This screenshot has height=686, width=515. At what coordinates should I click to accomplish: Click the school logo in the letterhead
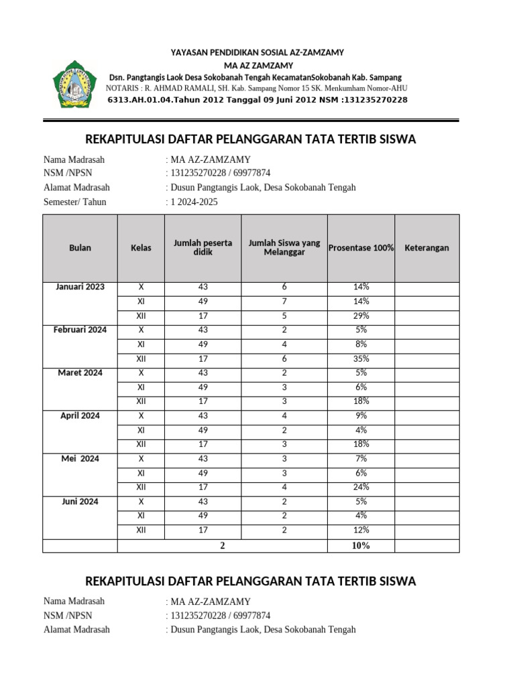click(x=76, y=86)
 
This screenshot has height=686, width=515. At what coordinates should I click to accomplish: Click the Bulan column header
click(x=80, y=248)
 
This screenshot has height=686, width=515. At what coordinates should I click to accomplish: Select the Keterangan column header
click(x=427, y=248)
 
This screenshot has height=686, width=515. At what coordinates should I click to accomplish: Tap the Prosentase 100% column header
click(x=361, y=248)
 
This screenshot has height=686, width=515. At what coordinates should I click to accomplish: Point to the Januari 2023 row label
click(x=80, y=287)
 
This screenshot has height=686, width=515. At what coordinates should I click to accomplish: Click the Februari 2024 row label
click(x=80, y=330)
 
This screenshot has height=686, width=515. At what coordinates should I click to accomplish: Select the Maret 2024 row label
click(x=80, y=372)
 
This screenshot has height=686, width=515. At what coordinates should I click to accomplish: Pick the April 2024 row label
click(x=80, y=415)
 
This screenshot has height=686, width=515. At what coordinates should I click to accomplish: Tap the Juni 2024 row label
click(x=80, y=501)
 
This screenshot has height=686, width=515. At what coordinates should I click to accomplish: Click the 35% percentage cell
click(x=361, y=358)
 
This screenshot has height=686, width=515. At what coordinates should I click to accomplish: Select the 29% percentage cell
click(x=361, y=316)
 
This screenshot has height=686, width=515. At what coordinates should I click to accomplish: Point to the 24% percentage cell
click(x=361, y=487)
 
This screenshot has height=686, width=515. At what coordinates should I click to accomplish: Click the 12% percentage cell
click(x=361, y=530)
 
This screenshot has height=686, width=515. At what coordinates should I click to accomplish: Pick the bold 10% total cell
click(x=361, y=545)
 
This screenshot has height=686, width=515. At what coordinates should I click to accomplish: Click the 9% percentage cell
click(x=361, y=415)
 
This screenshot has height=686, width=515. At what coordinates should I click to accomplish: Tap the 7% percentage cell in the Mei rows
click(x=361, y=458)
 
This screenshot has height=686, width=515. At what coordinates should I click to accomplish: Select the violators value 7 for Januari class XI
click(x=284, y=301)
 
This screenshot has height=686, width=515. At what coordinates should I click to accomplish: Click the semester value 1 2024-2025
click(x=194, y=202)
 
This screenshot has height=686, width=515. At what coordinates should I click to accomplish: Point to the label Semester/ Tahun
click(x=74, y=202)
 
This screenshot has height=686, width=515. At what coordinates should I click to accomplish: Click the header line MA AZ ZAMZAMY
click(x=257, y=65)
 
